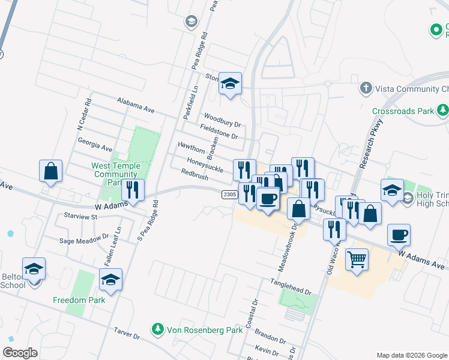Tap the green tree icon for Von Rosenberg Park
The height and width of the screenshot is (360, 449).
[157, 329]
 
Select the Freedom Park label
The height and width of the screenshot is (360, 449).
[79, 300]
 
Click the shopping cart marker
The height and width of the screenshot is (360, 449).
[357, 260]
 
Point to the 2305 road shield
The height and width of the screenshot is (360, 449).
[229, 194]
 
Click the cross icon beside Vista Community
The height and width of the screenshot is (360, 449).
[365, 89]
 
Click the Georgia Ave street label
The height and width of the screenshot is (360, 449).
[95, 143]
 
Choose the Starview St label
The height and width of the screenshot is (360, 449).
[81, 215]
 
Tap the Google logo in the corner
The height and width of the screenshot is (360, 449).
[20, 353]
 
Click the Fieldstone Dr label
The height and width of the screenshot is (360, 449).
[220, 131]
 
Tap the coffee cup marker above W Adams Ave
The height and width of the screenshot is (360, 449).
[399, 235]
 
